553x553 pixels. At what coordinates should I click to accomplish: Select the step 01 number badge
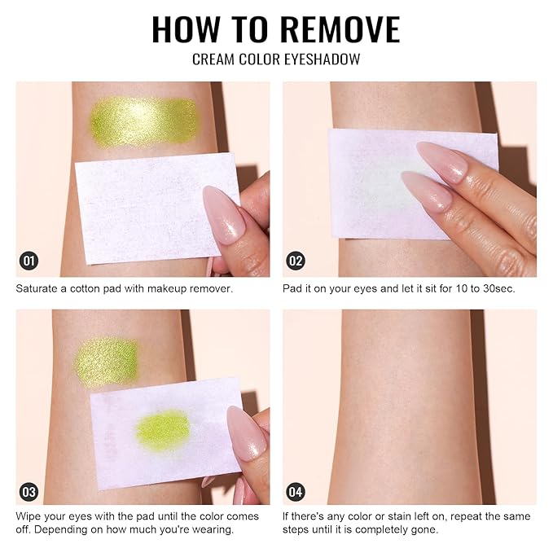point(29,261)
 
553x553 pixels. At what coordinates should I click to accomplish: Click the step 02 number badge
point(296,261)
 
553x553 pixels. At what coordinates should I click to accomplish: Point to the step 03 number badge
point(29,492)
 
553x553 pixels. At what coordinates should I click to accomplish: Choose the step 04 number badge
point(296,492)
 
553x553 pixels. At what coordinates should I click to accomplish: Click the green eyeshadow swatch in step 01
point(143,121)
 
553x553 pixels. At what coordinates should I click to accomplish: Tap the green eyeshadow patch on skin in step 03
point(107,362)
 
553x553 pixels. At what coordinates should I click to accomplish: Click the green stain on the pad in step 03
point(163,430)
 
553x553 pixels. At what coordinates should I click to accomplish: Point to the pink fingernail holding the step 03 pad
point(246,432)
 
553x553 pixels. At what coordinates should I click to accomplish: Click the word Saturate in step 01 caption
point(37,288)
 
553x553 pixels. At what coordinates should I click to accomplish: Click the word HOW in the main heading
point(186,29)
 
